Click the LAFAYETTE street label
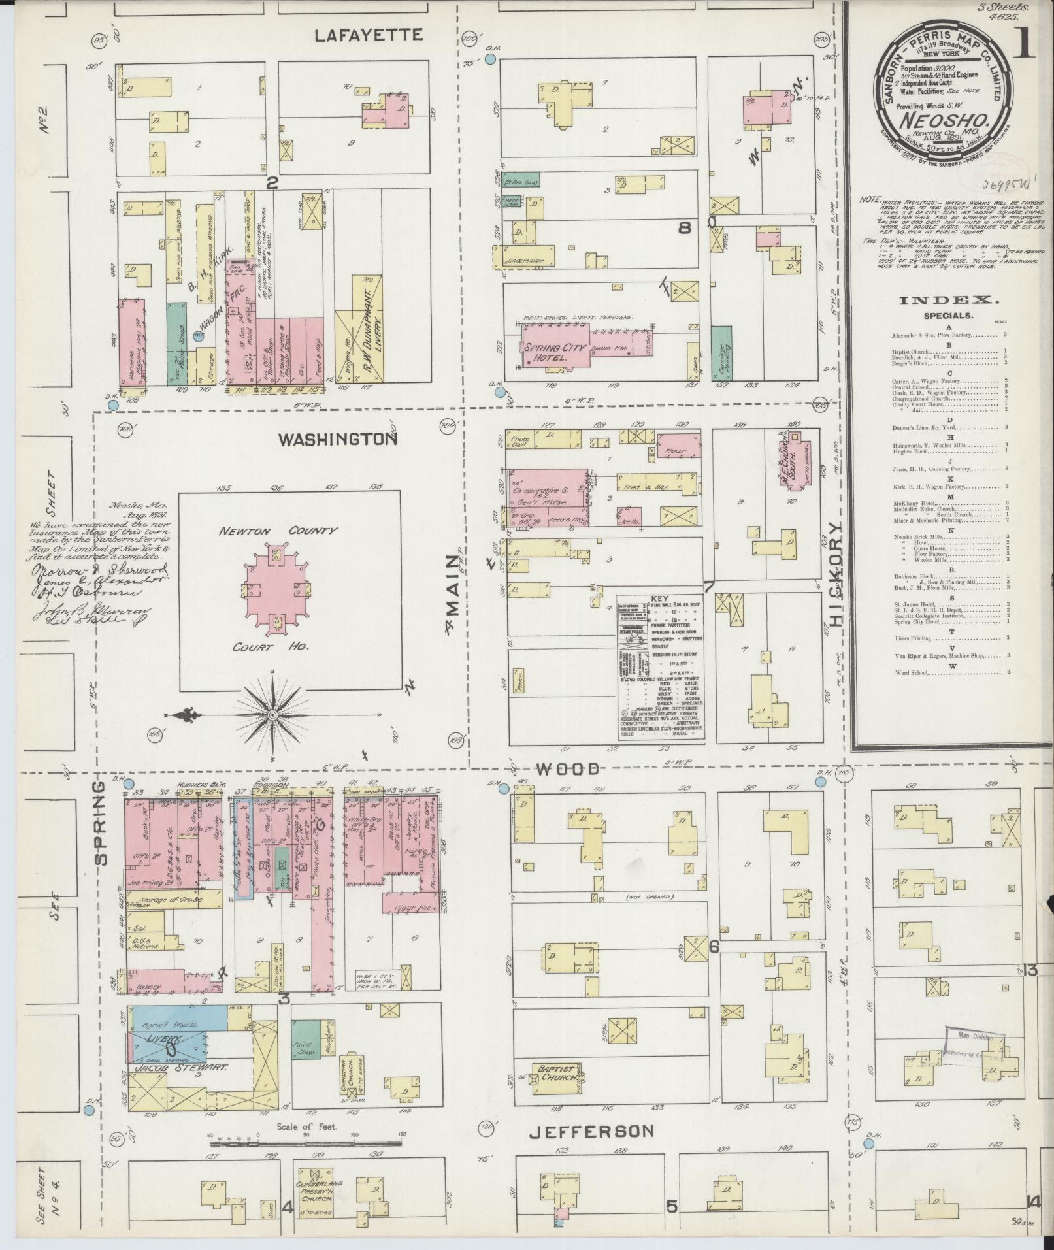point(369,35)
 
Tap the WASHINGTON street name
point(338,439)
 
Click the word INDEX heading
point(949,301)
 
